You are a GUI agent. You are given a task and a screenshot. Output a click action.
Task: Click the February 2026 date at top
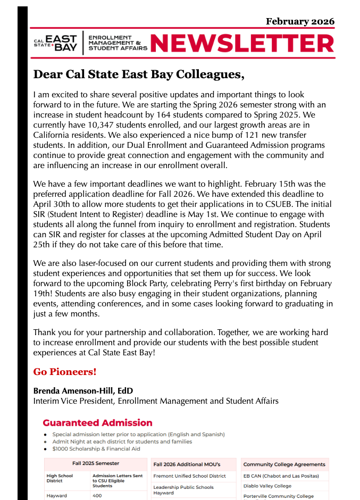click(x=300, y=21)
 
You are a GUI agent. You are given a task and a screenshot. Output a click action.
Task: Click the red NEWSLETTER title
click(x=242, y=44)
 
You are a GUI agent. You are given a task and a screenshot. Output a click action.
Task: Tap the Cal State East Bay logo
click(x=56, y=43)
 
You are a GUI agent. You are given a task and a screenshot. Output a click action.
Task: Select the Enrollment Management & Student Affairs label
click(x=115, y=43)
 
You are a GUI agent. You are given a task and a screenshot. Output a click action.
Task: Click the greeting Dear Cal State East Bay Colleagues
click(x=139, y=74)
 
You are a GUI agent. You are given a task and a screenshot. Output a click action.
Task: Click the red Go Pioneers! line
click(x=65, y=371)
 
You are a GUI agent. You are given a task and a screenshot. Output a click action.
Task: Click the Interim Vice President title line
click(x=156, y=401)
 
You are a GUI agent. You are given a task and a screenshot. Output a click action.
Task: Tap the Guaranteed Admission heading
click(x=97, y=423)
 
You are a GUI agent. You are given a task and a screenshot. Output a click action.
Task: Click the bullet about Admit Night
click(x=122, y=441)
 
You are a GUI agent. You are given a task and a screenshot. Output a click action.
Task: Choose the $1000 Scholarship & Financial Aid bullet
click(x=96, y=449)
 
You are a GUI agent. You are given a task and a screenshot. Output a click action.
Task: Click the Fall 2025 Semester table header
click(x=96, y=463)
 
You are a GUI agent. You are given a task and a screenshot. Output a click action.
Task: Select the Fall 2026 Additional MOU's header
click(x=186, y=464)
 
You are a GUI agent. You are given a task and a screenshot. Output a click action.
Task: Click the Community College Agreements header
click(x=284, y=464)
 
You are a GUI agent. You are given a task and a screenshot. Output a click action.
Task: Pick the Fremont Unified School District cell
click(x=189, y=476)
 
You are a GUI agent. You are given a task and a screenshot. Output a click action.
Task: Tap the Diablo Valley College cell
click(x=267, y=486)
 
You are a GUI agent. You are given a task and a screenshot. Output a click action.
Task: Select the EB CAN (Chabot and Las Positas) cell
click(x=281, y=476)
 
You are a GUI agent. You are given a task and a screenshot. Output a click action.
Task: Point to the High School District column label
click(x=60, y=478)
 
